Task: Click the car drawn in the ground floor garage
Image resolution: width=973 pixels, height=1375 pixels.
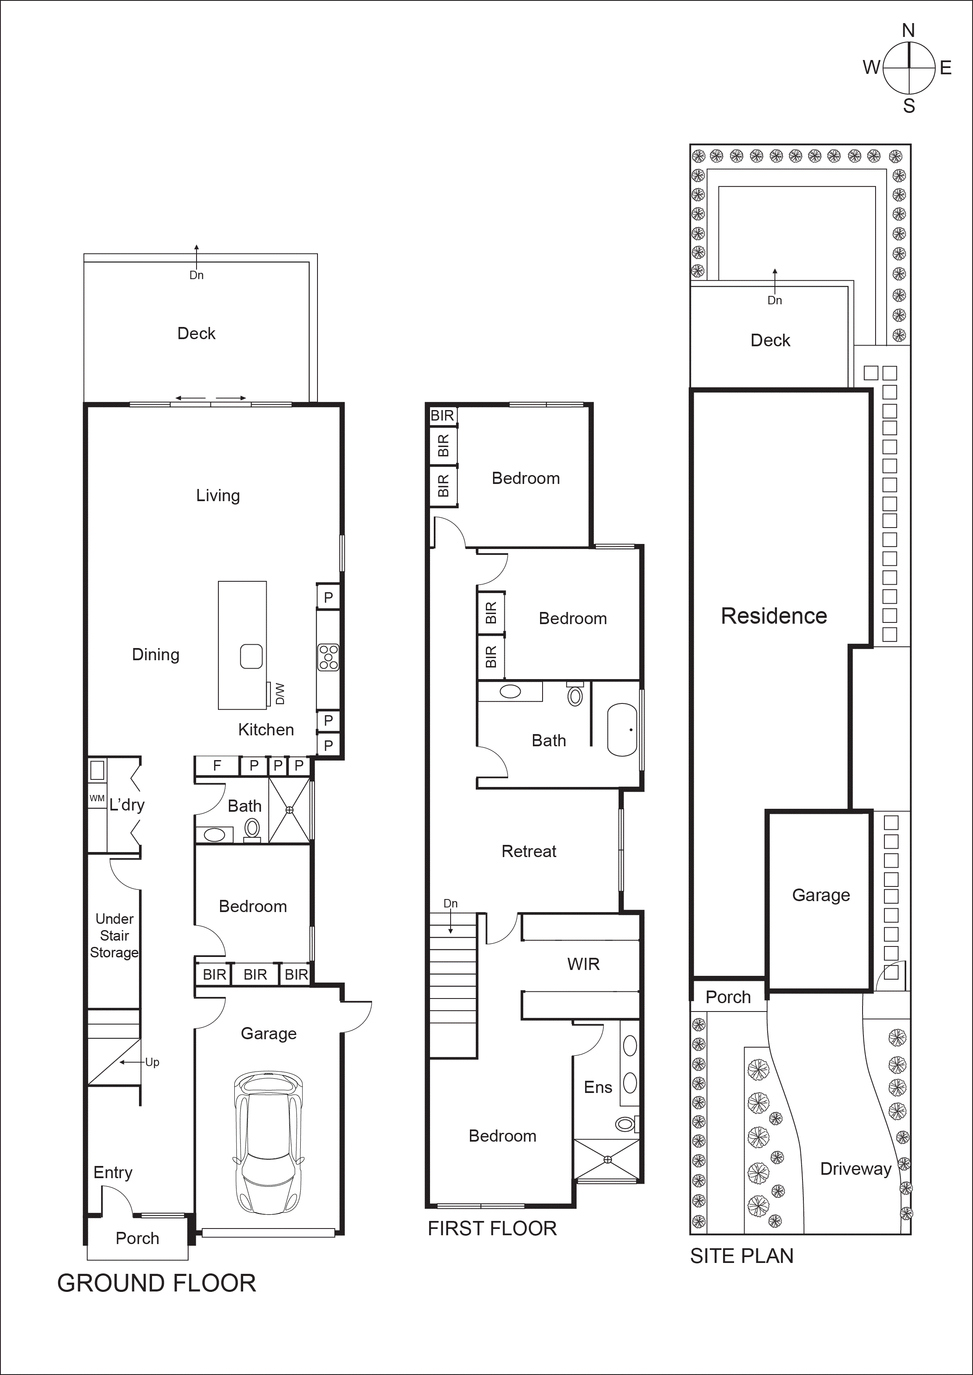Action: coord(268,1142)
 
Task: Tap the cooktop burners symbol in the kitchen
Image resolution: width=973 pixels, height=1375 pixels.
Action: coord(328,657)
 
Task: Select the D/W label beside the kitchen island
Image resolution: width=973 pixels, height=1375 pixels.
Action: coord(280,693)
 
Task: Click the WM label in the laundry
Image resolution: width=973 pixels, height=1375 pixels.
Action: coord(97,798)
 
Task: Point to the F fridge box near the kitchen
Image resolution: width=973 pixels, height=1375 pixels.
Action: coord(217,765)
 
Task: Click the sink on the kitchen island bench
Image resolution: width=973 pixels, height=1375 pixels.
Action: coord(251,656)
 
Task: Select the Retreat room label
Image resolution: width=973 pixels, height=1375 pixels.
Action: coord(528,851)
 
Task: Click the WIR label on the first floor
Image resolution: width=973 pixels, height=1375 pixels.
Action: coord(583,964)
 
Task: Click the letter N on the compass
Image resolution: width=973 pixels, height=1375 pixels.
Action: coord(908,31)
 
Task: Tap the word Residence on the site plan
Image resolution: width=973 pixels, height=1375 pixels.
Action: coord(774,616)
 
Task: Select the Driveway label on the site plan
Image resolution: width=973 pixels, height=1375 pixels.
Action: coord(855,1169)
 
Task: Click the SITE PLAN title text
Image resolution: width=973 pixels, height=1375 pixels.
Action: coord(741,1256)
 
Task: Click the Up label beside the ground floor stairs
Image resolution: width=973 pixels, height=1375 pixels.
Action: coord(152,1062)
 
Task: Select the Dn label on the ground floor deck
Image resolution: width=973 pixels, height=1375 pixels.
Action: coord(197,275)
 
